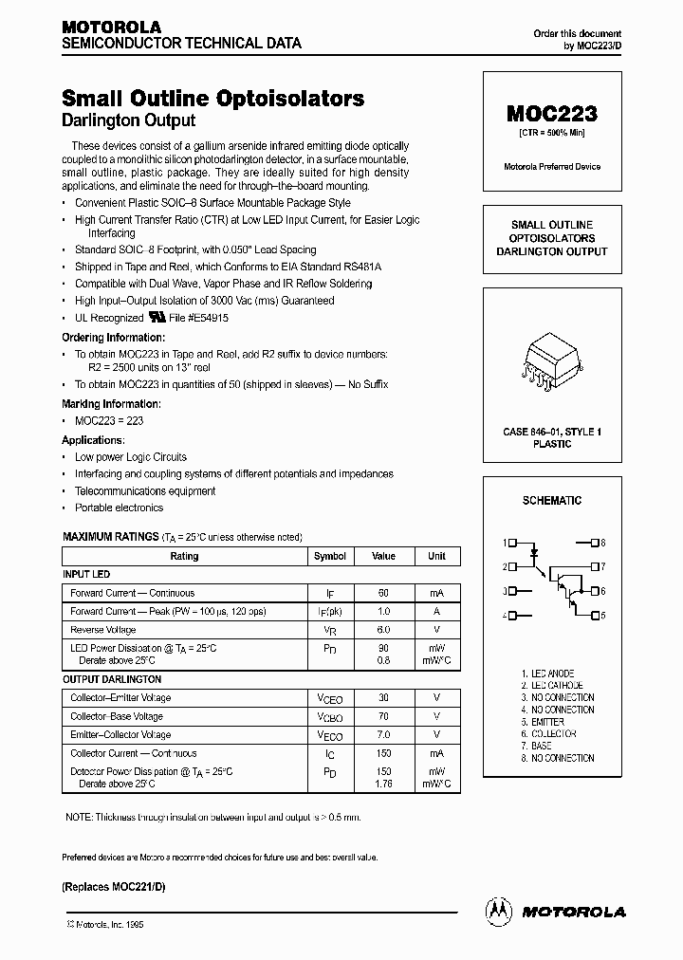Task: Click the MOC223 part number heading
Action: [x=551, y=114]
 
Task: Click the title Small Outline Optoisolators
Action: [x=212, y=98]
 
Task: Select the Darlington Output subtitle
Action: [x=128, y=120]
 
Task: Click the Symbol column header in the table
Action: [x=329, y=556]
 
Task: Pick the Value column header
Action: [x=383, y=556]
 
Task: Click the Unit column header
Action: [x=436, y=556]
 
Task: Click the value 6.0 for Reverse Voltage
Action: [x=383, y=630]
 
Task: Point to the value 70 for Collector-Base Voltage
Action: [x=383, y=716]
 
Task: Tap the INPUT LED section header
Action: [x=86, y=574]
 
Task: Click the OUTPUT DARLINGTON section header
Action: [x=112, y=679]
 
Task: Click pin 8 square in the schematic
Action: [x=594, y=543]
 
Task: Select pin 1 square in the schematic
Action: [x=512, y=543]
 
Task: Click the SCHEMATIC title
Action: [x=551, y=500]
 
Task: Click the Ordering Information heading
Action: [x=113, y=337]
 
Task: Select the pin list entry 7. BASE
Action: [x=543, y=746]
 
